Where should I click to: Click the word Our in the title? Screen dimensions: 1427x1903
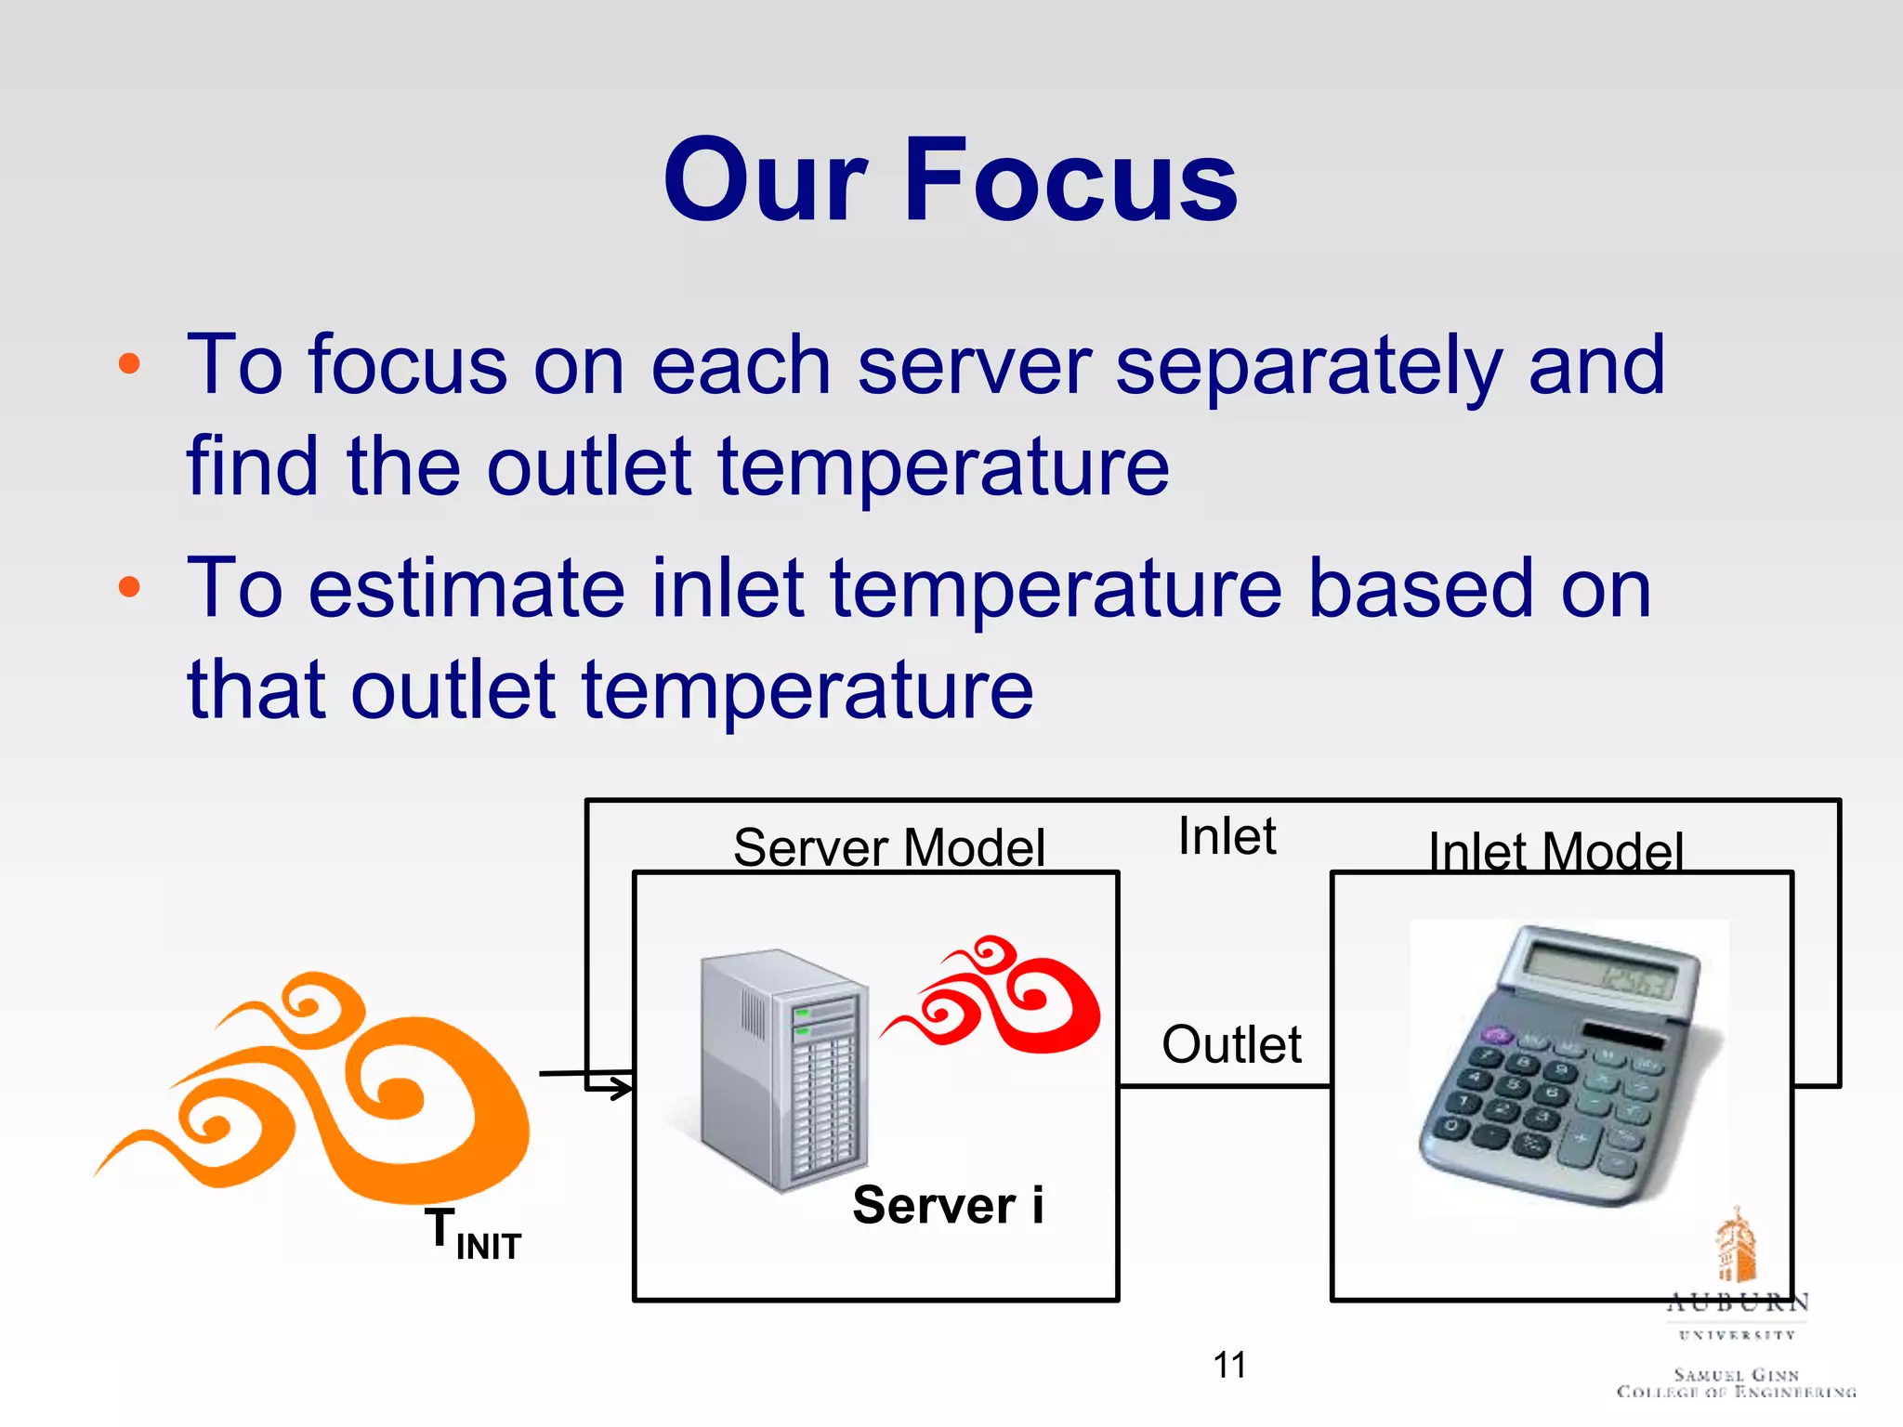[x=766, y=181]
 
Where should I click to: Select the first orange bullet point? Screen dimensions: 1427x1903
[x=129, y=363]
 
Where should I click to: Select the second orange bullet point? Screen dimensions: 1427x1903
[x=129, y=587]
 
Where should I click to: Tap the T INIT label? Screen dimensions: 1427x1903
[x=473, y=1234]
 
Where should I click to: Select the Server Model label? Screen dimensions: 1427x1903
[x=888, y=847]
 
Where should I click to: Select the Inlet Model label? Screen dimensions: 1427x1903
[x=1555, y=851]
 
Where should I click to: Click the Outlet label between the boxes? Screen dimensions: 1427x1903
[x=1231, y=1044]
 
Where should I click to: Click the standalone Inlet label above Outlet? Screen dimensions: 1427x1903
[x=1227, y=836]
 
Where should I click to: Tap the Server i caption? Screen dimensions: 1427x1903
[x=948, y=1205]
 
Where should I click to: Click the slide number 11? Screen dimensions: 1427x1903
[x=1229, y=1365]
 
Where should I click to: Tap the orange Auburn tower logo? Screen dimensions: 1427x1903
[x=1734, y=1245]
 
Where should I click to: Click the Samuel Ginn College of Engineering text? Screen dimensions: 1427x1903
[x=1736, y=1382]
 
